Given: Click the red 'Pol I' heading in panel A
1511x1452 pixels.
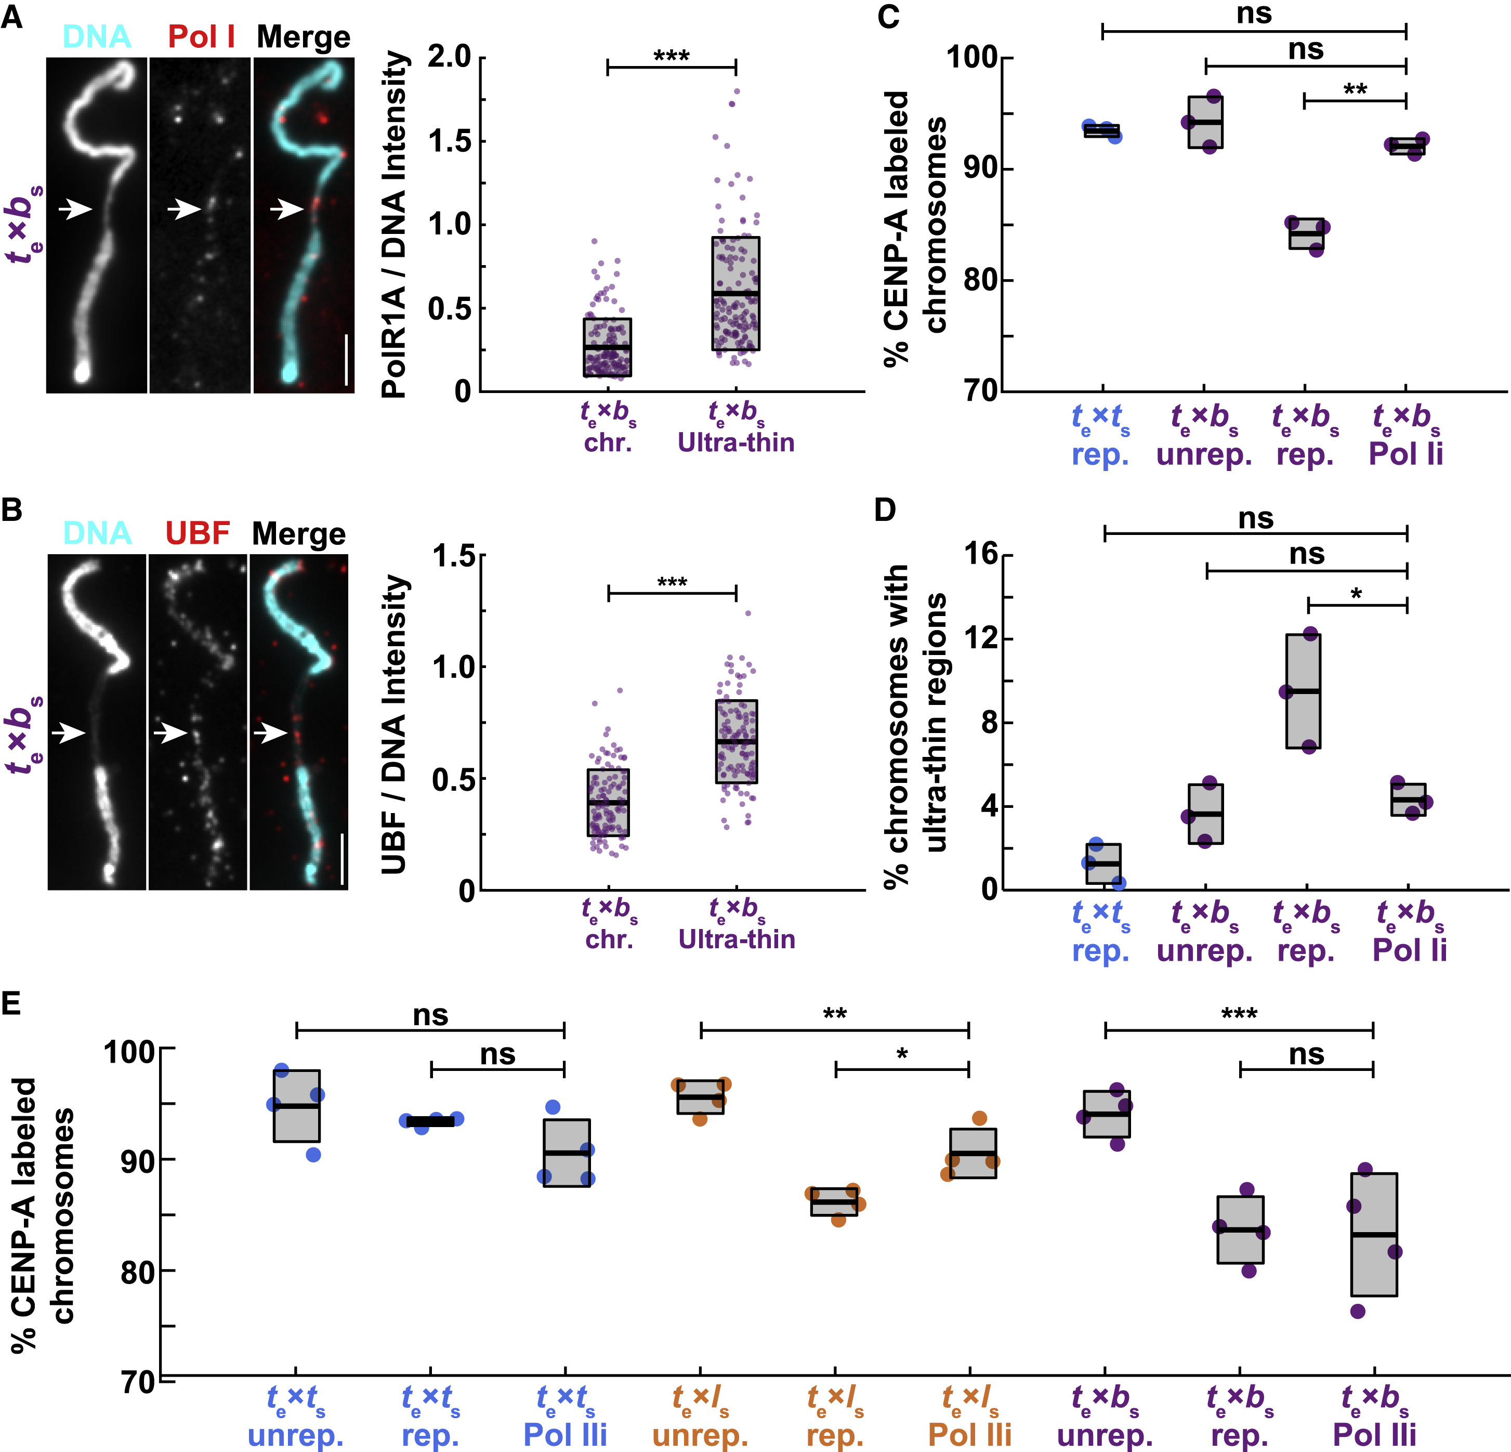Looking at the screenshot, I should (x=201, y=37).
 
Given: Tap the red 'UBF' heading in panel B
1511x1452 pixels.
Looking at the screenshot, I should (x=198, y=533).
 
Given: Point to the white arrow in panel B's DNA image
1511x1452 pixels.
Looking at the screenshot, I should (x=68, y=734).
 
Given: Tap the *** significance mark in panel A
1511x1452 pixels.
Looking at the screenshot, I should (x=672, y=56).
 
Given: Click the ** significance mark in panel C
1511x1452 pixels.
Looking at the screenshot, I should (x=1355, y=89).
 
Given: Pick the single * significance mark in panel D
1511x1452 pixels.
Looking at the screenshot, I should (x=1356, y=594).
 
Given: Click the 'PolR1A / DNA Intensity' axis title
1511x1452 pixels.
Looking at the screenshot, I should (x=395, y=224).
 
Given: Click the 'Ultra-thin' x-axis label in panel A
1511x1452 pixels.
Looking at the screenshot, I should (x=735, y=442).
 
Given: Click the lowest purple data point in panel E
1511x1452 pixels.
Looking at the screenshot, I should (x=1358, y=1311).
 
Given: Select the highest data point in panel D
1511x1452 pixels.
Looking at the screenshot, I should (x=1310, y=634).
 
